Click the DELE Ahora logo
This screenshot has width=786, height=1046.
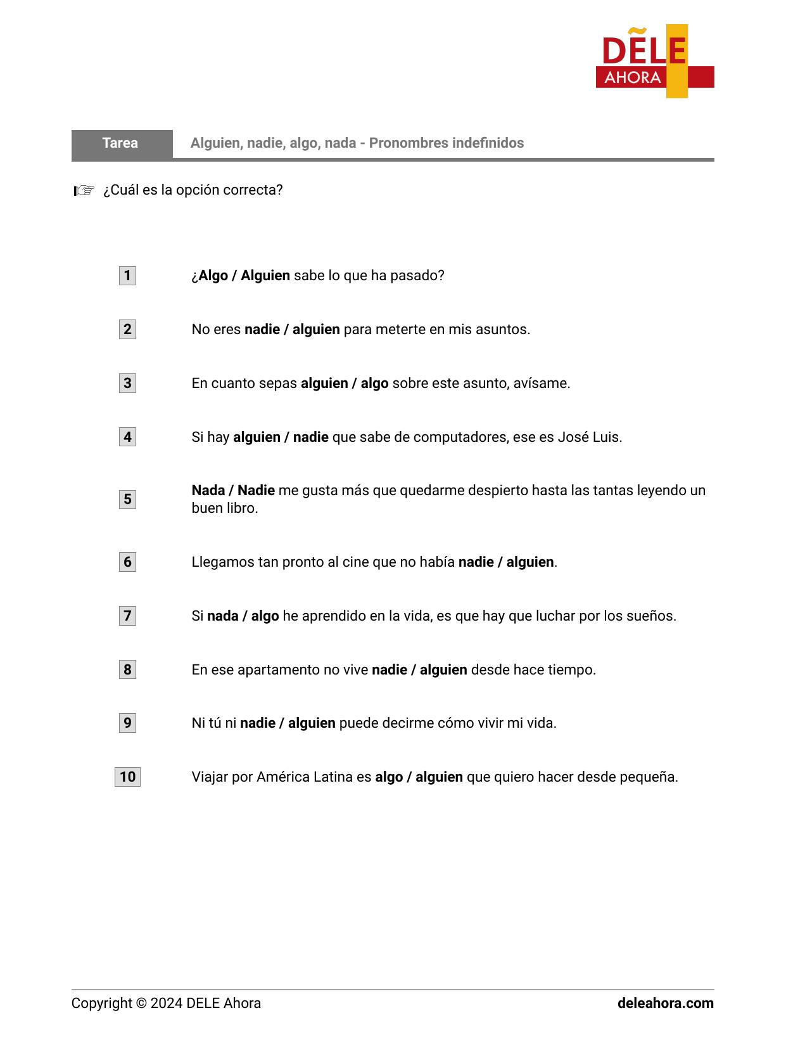coord(654,61)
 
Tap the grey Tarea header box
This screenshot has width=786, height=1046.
coord(121,143)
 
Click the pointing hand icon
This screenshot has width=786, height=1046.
coord(84,190)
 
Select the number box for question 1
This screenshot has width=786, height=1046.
coord(127,276)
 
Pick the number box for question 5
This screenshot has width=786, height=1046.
coord(127,500)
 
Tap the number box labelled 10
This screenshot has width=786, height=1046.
coord(127,777)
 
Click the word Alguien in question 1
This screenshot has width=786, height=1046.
coord(265,276)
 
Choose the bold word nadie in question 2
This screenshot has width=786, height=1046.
coord(262,330)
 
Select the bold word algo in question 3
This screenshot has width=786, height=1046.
coord(374,384)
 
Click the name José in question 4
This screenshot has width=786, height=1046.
coord(573,437)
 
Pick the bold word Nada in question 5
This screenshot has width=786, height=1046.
coord(208,491)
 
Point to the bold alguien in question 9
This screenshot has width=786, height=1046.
coord(312,723)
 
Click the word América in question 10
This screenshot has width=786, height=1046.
coord(282,777)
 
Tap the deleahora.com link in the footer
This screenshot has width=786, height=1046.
coord(665,1004)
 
